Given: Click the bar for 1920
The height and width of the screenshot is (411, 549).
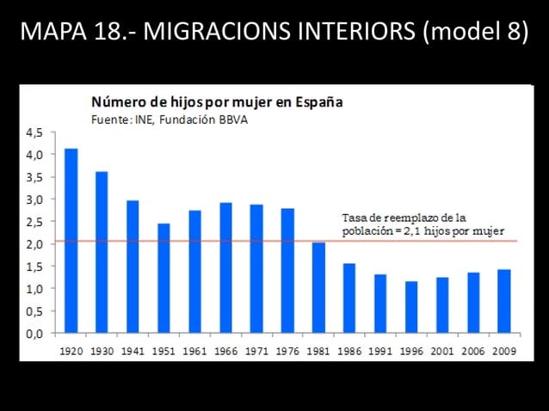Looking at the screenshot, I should pyautogui.click(x=71, y=241).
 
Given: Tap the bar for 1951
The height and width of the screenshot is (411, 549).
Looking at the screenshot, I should pyautogui.click(x=163, y=278).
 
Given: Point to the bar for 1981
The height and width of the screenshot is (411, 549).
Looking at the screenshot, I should pyautogui.click(x=318, y=287).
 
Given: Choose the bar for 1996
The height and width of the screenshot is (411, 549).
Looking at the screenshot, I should pyautogui.click(x=411, y=307).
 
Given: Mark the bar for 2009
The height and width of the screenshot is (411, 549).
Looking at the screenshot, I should pyautogui.click(x=504, y=301).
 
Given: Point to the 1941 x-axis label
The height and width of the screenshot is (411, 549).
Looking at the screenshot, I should pyautogui.click(x=133, y=351).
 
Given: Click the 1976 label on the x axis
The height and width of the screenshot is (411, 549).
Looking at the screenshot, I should pyautogui.click(x=287, y=351).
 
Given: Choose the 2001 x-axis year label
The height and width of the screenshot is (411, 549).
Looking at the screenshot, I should pyautogui.click(x=442, y=351).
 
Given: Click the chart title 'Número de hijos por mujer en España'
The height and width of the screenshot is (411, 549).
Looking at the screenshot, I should pyautogui.click(x=212, y=101).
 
